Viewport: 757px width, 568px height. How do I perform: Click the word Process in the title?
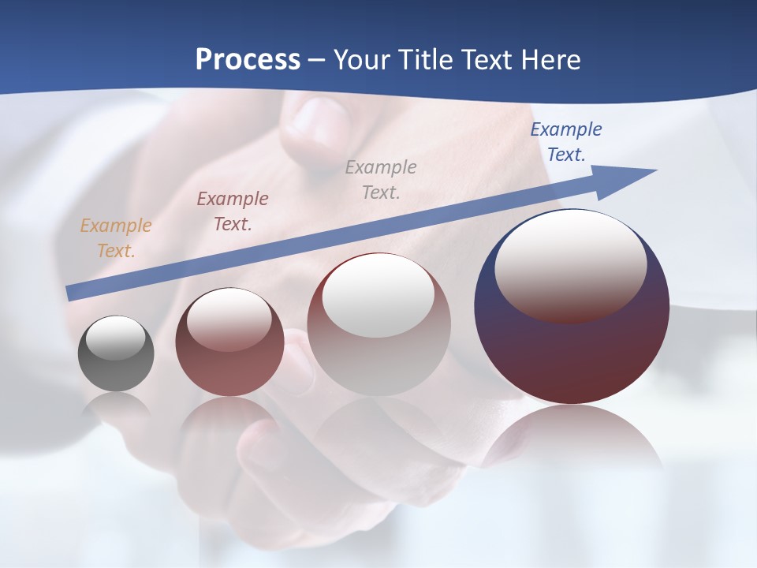tap(248, 60)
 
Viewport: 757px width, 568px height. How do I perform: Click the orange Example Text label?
tap(116, 237)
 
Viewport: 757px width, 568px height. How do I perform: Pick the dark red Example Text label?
tap(233, 211)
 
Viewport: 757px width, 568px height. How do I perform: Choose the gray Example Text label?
tap(381, 179)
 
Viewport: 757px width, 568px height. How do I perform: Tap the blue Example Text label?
tap(565, 142)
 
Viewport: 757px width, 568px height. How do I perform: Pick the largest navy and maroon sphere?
tap(572, 355)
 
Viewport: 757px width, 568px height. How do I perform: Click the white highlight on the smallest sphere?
tap(115, 338)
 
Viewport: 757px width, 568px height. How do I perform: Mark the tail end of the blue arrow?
tap(73, 293)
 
